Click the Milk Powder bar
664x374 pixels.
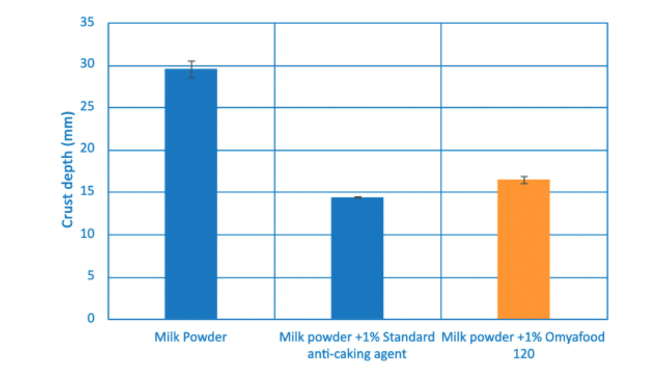tap(191, 194)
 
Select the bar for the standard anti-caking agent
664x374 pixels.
tap(357, 258)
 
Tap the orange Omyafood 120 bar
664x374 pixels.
tap(524, 249)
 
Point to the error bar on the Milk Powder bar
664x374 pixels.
tap(191, 69)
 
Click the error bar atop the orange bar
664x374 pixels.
tap(524, 180)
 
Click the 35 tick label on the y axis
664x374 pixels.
tap(87, 22)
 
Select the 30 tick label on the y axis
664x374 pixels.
tap(87, 64)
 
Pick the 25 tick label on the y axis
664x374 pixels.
tap(87, 106)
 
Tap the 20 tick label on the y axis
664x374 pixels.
tap(87, 148)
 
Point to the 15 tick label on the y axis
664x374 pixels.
tap(87, 191)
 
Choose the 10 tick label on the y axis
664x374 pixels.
tap(87, 234)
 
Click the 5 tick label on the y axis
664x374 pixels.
tap(91, 276)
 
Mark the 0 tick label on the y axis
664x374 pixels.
tap(91, 318)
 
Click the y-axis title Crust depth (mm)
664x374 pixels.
tap(67, 170)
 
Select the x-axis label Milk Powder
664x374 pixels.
tap(191, 337)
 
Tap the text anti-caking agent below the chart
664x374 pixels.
tap(357, 354)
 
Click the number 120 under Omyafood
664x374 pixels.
tap(524, 354)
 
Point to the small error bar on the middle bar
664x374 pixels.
tap(358, 197)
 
